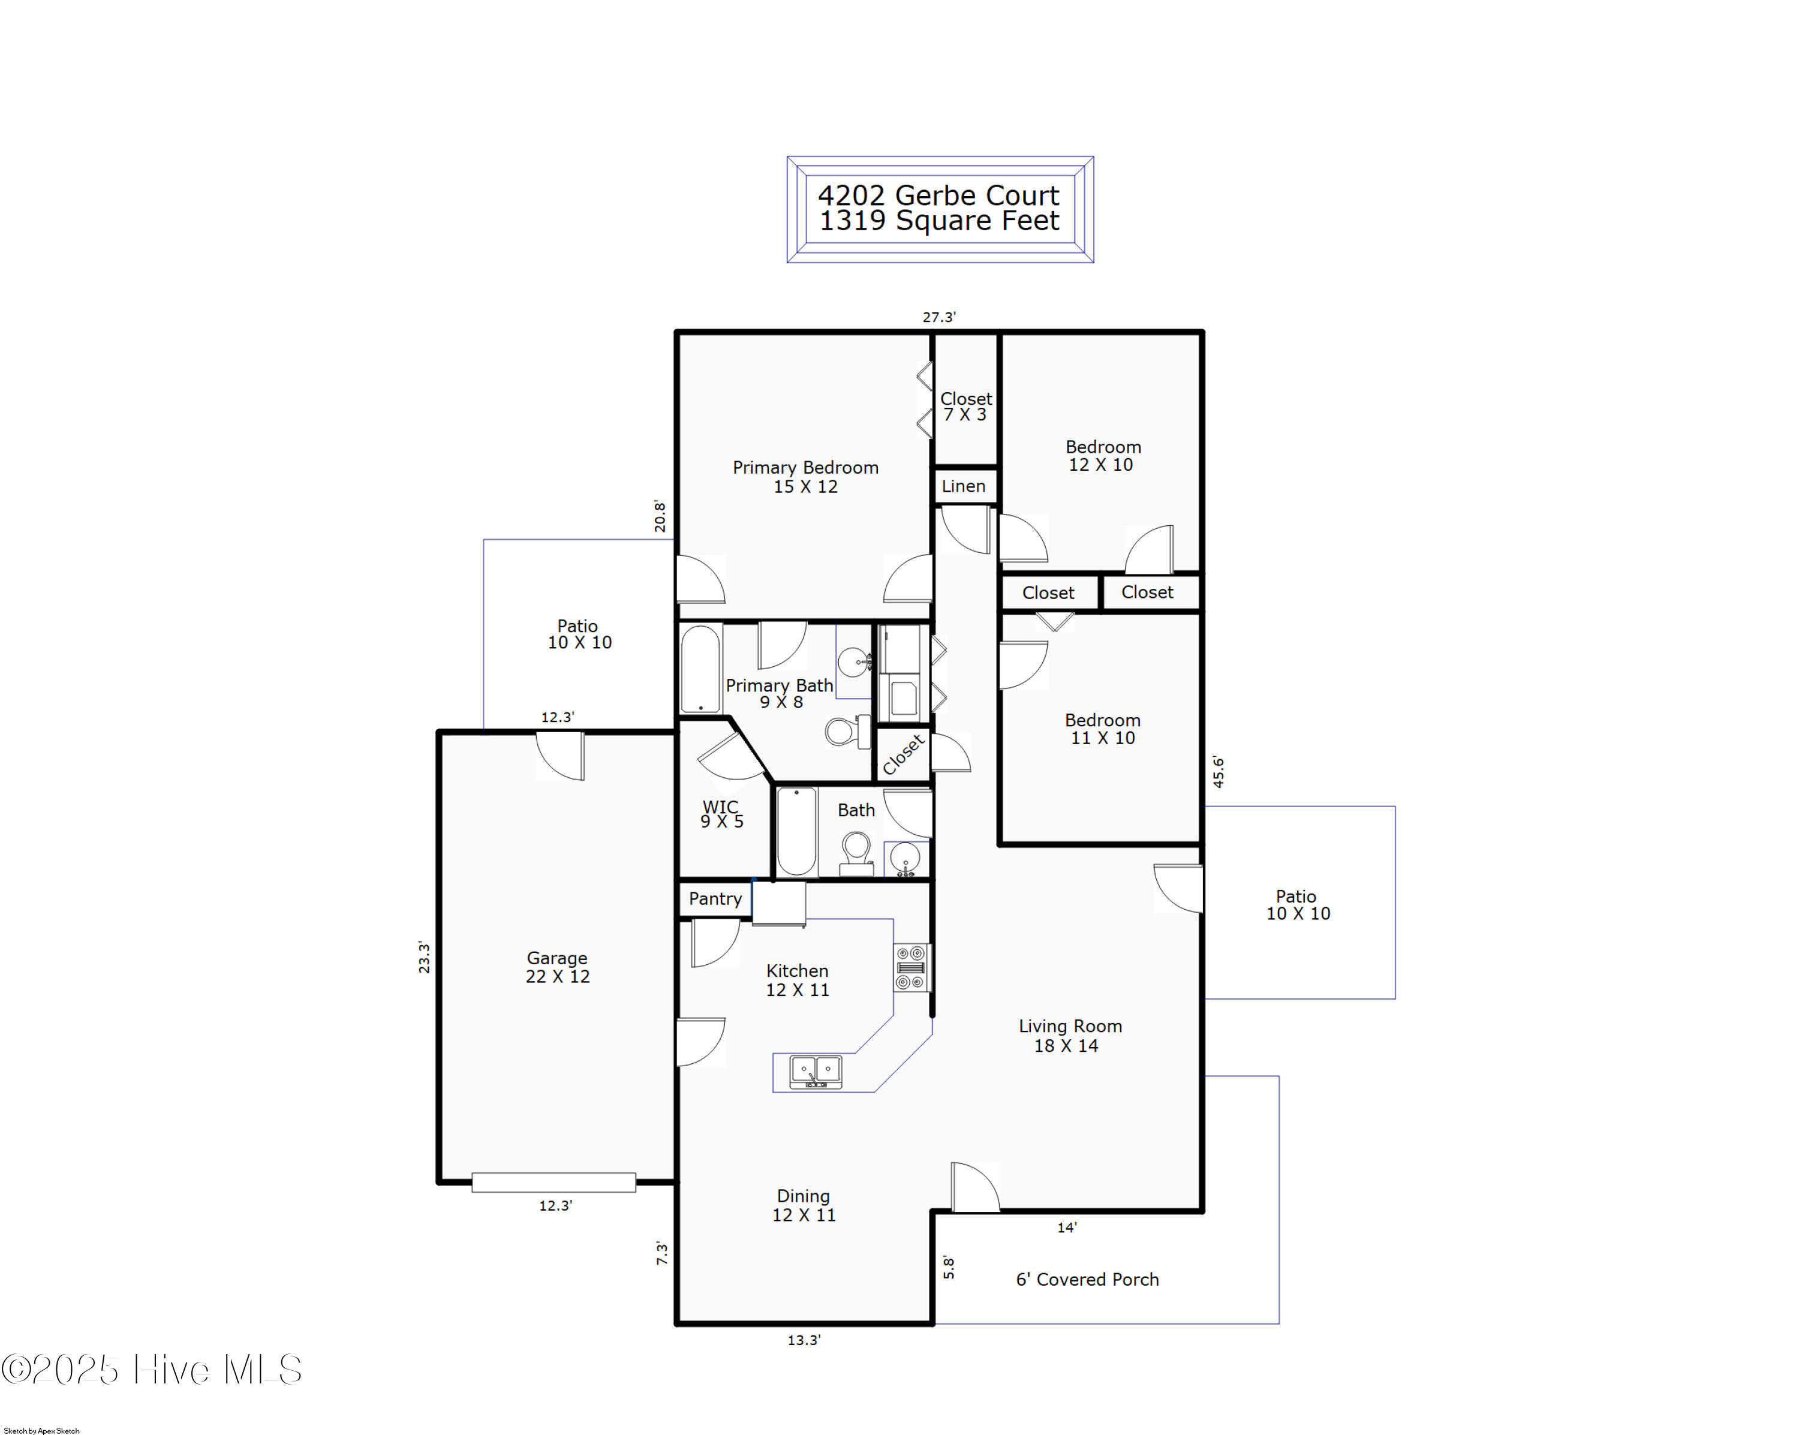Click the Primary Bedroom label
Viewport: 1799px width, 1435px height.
coord(805,476)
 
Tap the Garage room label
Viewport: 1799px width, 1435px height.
coord(557,967)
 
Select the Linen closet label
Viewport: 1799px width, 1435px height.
coord(964,486)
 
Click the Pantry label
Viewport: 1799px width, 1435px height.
coord(715,898)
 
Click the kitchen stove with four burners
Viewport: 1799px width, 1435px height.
coord(910,968)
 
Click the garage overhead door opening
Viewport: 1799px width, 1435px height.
coord(553,1182)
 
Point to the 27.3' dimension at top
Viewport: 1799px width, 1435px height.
coord(938,317)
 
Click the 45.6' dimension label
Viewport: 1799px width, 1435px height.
coord(1219,772)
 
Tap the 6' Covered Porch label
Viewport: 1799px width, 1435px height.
coord(1087,1279)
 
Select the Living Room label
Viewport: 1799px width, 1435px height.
coord(1070,1036)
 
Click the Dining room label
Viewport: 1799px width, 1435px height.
coord(803,1205)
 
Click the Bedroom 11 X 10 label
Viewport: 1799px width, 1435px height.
coord(1102,729)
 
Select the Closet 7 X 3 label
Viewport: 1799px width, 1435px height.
coord(965,407)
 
